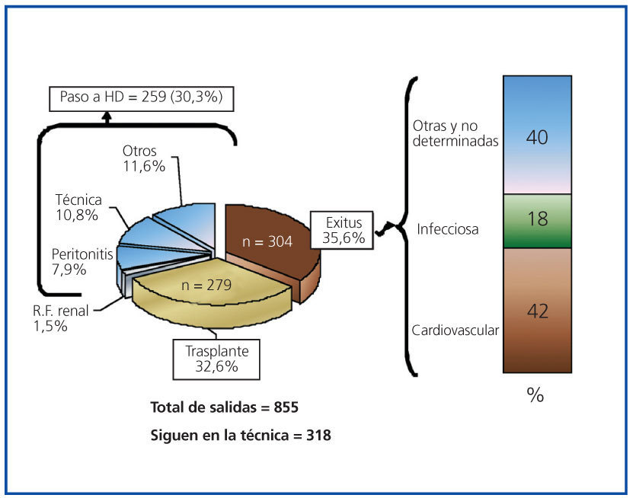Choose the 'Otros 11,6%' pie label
pyautogui.click(x=144, y=158)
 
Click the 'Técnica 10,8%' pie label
pyautogui.click(x=77, y=207)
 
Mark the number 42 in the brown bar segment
pyautogui.click(x=537, y=311)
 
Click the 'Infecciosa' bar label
pyautogui.click(x=448, y=228)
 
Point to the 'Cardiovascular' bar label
pyautogui.click(x=456, y=330)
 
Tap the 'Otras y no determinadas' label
pyautogui.click(x=455, y=132)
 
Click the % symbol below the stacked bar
pyautogui.click(x=535, y=396)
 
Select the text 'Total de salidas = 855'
pyautogui.click(x=225, y=407)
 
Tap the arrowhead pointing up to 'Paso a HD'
pyautogui.click(x=107, y=116)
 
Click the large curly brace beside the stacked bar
pyautogui.click(x=408, y=226)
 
